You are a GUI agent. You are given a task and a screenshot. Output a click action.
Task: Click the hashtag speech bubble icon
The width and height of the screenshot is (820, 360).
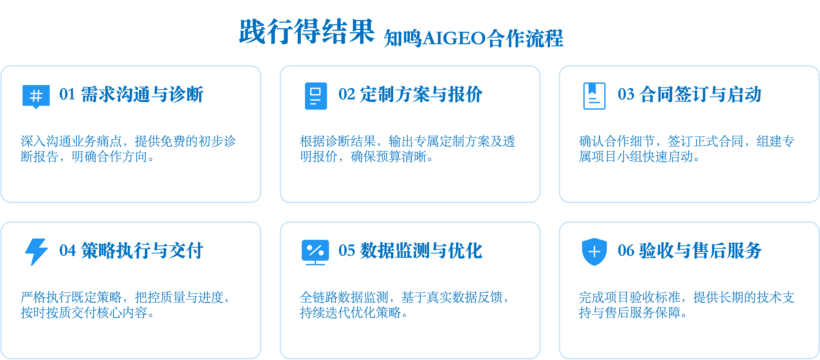36,96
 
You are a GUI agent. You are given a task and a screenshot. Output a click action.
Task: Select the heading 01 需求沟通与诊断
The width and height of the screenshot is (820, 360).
131,95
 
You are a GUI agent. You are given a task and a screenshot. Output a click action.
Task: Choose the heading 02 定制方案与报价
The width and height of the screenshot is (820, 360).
410,95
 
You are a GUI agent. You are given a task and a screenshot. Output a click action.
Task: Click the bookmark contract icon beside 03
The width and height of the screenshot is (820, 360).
594,96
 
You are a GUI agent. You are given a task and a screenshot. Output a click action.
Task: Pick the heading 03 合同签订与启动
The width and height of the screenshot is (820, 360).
689,95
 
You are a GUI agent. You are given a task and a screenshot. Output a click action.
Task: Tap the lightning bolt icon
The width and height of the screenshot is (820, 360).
36,251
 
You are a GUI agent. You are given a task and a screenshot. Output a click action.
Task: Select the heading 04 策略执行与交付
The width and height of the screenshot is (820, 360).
131,251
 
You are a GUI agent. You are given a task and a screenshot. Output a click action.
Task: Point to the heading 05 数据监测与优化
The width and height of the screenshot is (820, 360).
410,251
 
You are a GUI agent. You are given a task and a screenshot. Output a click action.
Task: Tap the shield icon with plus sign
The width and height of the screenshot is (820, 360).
594,251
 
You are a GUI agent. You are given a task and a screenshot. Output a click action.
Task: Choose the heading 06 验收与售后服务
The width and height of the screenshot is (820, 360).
689,251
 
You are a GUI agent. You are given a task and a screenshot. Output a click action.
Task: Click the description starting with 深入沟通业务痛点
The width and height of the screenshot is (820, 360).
128,149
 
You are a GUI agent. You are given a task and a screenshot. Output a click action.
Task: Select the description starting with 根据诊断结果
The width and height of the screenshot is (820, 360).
407,149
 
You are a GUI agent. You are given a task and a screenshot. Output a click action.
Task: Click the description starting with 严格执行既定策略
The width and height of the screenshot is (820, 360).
125,305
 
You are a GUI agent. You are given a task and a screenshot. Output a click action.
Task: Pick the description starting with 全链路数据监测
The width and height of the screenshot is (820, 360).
404,305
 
